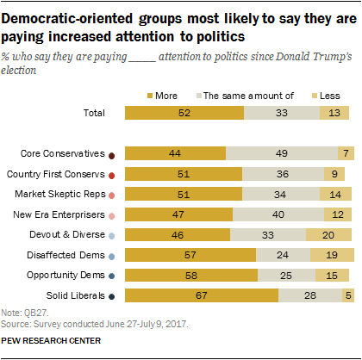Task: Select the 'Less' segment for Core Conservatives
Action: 345,153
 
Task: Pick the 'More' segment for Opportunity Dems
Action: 190,276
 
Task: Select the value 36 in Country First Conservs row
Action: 282,174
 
